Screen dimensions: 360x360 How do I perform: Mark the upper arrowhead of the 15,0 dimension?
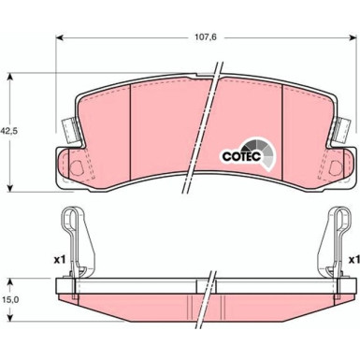coord(10,254)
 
